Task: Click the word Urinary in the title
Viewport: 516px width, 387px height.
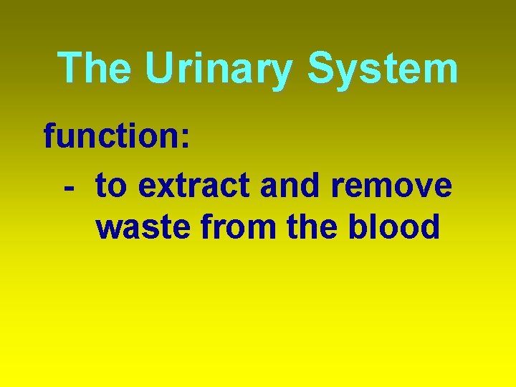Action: click(x=219, y=70)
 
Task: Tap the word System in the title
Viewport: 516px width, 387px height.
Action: click(x=383, y=70)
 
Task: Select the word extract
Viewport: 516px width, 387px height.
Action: click(x=195, y=186)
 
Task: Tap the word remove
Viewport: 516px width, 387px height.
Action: click(x=393, y=187)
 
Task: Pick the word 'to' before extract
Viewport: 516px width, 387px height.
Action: click(x=111, y=186)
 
